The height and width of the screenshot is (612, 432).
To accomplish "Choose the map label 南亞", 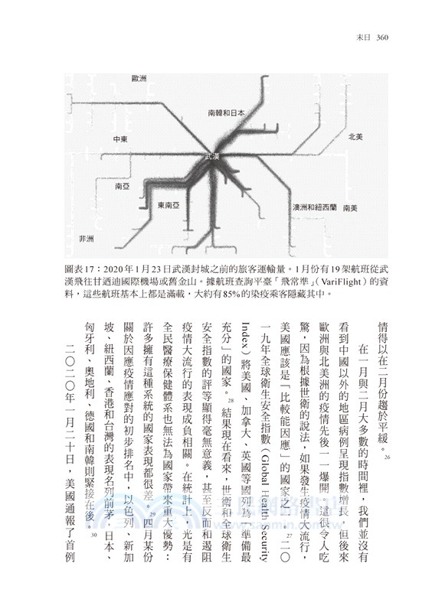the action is (x=121, y=186).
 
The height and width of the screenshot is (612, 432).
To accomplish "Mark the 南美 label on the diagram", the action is (x=352, y=207).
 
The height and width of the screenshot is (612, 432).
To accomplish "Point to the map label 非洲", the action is (x=87, y=239).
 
